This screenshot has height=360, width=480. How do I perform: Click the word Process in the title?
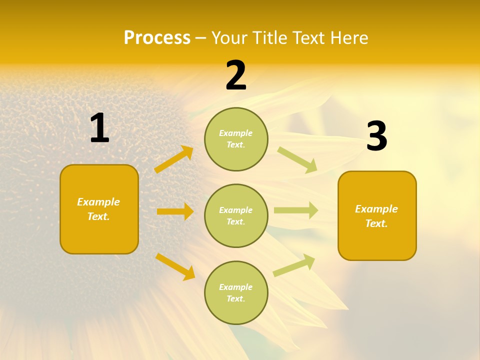point(157,38)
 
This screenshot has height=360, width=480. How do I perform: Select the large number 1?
point(99,128)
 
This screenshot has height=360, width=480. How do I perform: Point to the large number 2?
point(236,76)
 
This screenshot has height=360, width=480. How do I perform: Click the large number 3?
point(376,136)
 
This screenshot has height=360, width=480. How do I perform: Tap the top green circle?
point(236,139)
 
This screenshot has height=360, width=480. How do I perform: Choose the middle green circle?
point(236,215)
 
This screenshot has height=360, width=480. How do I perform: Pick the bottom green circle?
point(236,292)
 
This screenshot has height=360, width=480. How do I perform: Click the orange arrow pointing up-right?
point(174,159)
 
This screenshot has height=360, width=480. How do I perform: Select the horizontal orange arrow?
point(175,211)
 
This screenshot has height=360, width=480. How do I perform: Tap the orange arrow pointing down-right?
point(175,266)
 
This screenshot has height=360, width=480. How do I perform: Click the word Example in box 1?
point(98,202)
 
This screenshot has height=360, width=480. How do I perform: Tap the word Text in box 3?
point(376,223)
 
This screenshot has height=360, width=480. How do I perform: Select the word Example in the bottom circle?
point(235,287)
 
